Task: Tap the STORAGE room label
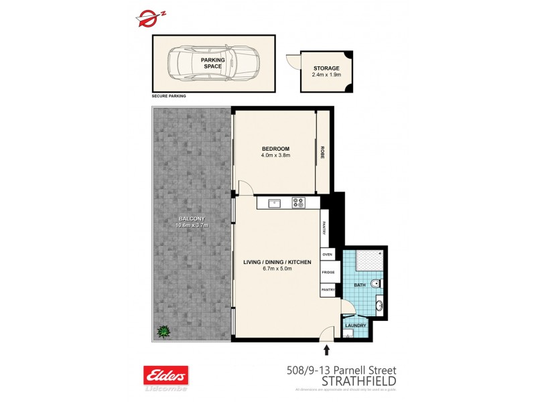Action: pyautogui.click(x=326, y=68)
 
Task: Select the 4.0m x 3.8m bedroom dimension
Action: pyautogui.click(x=275, y=155)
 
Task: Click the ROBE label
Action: pyautogui.click(x=322, y=152)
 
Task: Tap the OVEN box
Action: pyautogui.click(x=328, y=255)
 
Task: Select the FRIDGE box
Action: pyautogui.click(x=328, y=273)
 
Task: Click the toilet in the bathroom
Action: pyautogui.click(x=377, y=284)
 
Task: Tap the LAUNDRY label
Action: pyautogui.click(x=355, y=326)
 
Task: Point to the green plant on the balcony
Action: pyautogui.click(x=161, y=331)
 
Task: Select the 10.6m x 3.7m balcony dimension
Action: pyautogui.click(x=192, y=225)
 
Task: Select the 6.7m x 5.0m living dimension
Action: pyautogui.click(x=277, y=269)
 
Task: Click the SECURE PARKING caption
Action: pyautogui.click(x=169, y=96)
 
